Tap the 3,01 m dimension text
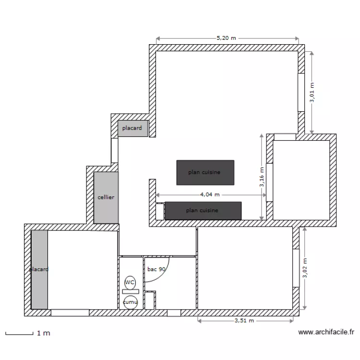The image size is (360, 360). point(312,92)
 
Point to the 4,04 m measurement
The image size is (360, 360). point(210,194)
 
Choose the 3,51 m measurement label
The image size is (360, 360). point(244,320)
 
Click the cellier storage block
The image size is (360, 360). point(106,197)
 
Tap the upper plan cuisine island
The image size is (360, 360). point(205,172)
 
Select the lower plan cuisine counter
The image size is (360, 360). point(203,211)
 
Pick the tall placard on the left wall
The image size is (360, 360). point(39,269)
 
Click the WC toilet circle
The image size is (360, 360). point(130,283)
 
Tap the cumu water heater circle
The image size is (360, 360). point(130,302)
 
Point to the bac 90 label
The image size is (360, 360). point(156,269)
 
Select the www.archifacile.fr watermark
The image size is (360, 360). point(326,332)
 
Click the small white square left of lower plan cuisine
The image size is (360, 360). point(160,211)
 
